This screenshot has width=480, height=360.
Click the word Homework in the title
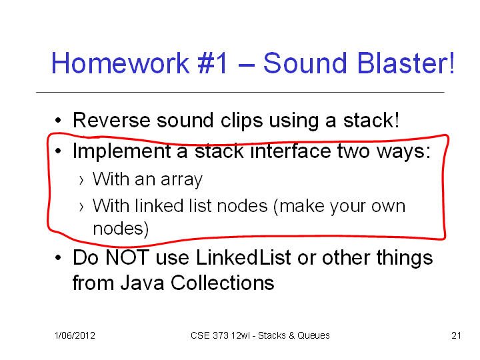pos(120,63)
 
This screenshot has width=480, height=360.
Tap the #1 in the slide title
pos(213,63)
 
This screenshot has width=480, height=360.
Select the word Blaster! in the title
pos(405,63)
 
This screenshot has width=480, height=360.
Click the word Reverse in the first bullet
pos(111,120)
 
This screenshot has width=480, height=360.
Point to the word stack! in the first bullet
pos(371,120)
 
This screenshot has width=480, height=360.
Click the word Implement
pos(121,151)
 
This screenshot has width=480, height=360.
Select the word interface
pos(291,151)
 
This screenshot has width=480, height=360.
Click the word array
pos(181,180)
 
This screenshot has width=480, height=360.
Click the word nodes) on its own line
pos(121,229)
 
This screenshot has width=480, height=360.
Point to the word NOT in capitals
pos(127,257)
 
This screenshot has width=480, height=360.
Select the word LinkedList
pos(243,257)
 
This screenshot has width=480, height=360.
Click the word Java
pos(143,283)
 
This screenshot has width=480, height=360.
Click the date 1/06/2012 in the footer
pos(75,335)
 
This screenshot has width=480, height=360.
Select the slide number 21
pos(456,335)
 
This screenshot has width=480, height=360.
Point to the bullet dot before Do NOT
pos(58,258)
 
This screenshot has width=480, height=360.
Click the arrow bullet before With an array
pos(81,181)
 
